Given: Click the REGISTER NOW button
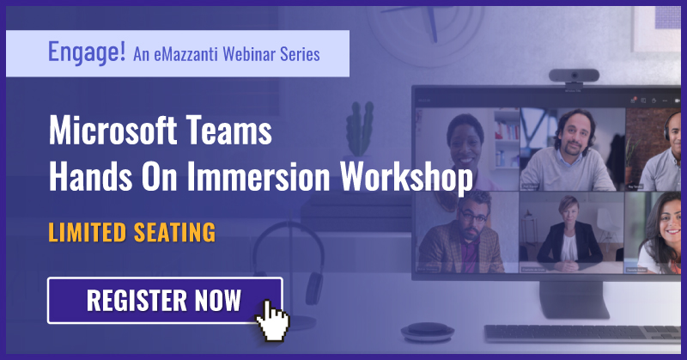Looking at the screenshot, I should pyautogui.click(x=164, y=301).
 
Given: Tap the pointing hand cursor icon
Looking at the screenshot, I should pyautogui.click(x=273, y=320).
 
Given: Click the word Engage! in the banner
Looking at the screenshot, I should pyautogui.click(x=86, y=53).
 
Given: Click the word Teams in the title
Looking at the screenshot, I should pyautogui.click(x=231, y=134).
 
